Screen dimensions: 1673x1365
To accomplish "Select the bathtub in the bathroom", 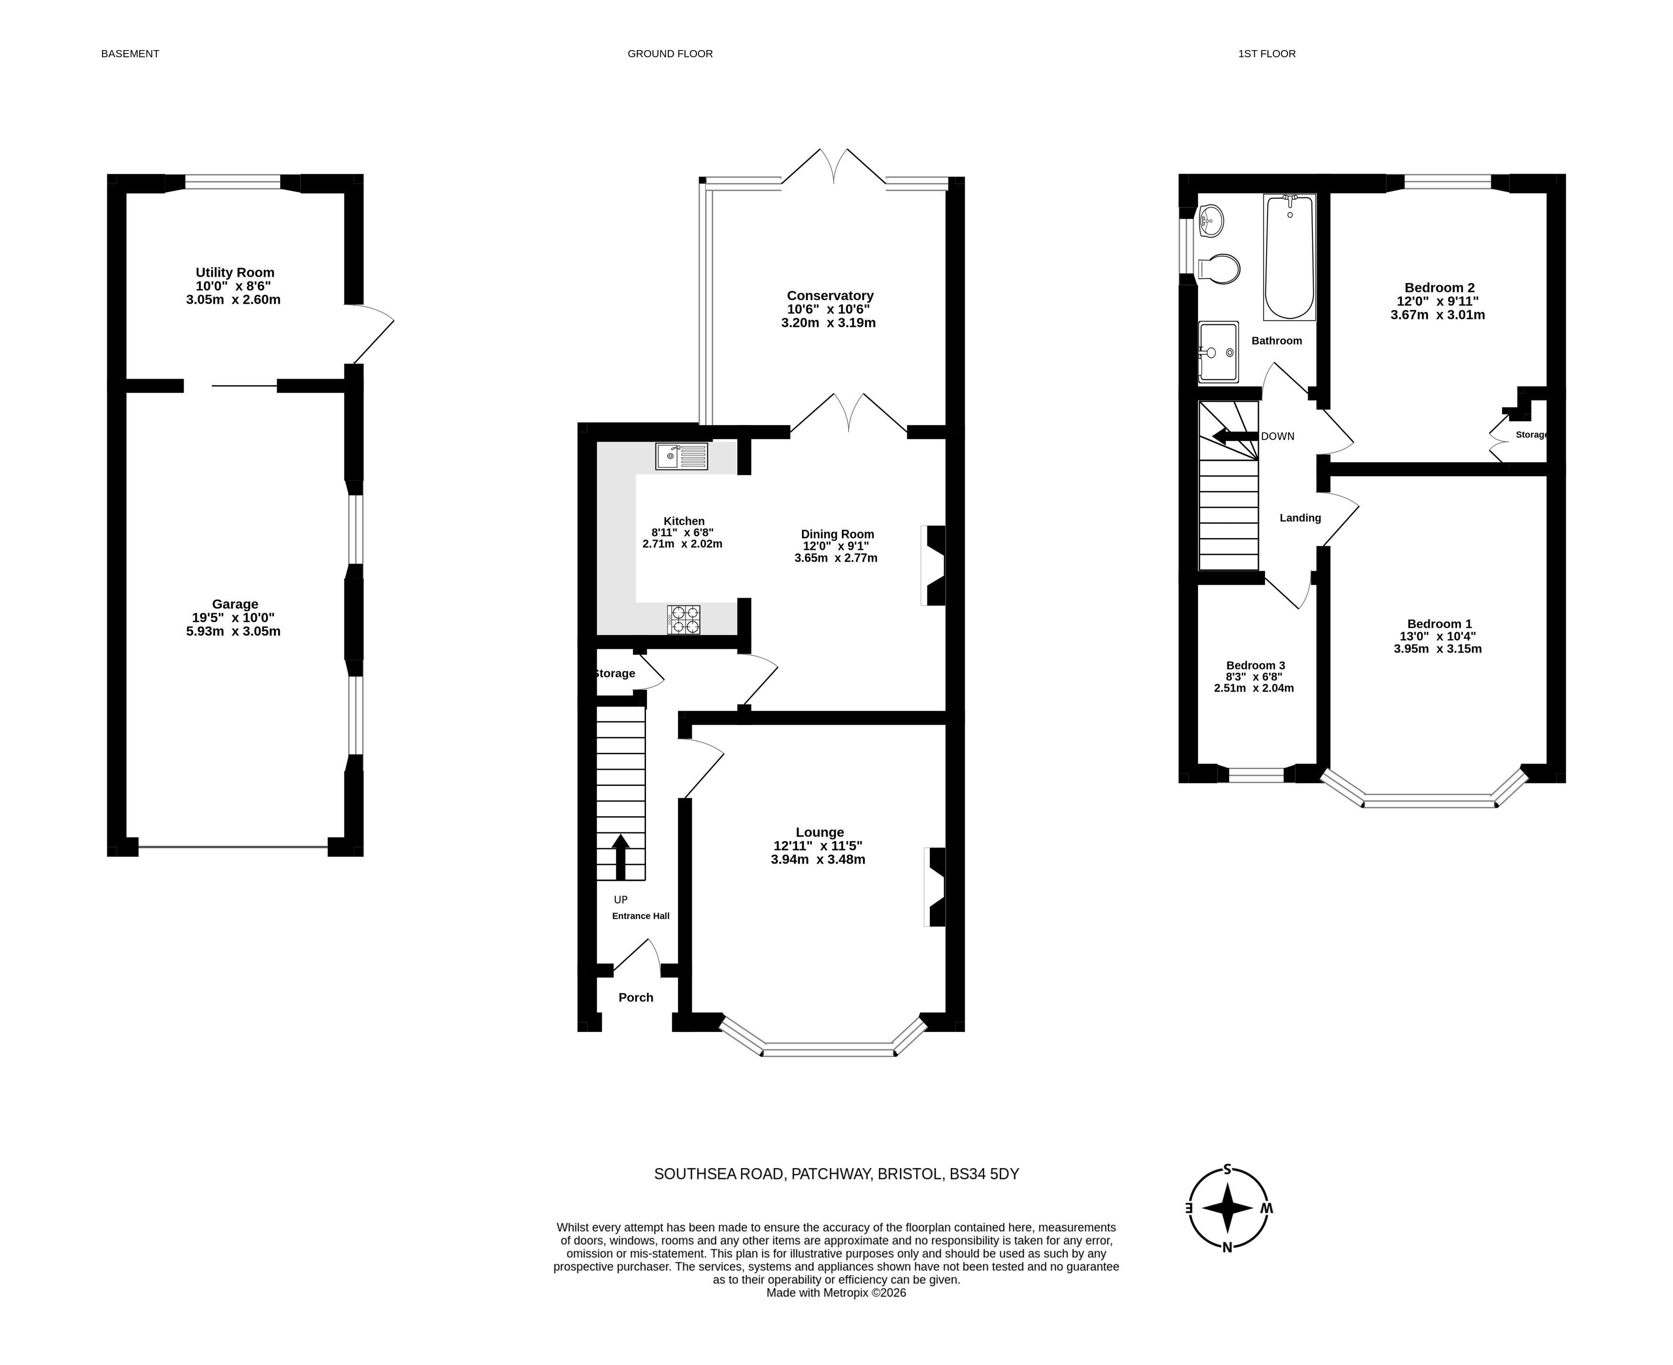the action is click(1289, 257).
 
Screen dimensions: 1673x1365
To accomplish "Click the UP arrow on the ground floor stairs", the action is click(620, 857).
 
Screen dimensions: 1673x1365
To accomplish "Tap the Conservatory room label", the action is click(830, 296).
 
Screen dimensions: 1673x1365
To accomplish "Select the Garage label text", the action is click(235, 604).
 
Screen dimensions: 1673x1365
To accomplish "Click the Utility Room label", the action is click(235, 272).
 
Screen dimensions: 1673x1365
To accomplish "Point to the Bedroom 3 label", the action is click(1255, 665).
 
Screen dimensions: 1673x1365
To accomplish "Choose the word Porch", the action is click(636, 997).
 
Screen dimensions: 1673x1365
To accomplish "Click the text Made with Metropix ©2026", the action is click(837, 1292).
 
